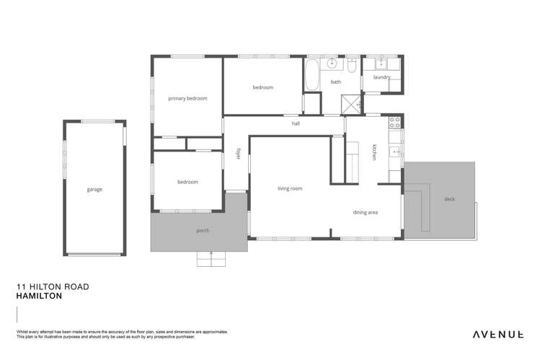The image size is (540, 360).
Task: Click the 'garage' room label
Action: (94, 190)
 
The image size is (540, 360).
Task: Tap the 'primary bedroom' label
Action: (187, 98)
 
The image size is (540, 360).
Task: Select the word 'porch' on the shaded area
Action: (203, 231)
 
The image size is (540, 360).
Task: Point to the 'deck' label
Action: (449, 199)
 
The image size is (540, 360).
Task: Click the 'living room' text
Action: (290, 188)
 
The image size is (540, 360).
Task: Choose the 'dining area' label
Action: (365, 213)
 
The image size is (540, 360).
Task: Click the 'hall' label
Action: (296, 123)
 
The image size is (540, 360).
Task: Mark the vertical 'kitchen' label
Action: (374, 153)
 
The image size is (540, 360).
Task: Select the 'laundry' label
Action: (381, 77)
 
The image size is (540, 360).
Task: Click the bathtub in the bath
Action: (312, 75)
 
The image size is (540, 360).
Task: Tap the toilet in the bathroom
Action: (352, 65)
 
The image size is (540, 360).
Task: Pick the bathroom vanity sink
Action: (332, 64)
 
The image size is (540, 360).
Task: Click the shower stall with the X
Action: (352, 104)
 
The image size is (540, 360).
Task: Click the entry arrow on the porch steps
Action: (211, 253)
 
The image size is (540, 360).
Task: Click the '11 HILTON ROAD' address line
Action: (53, 286)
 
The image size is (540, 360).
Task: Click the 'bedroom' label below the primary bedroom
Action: (187, 182)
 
